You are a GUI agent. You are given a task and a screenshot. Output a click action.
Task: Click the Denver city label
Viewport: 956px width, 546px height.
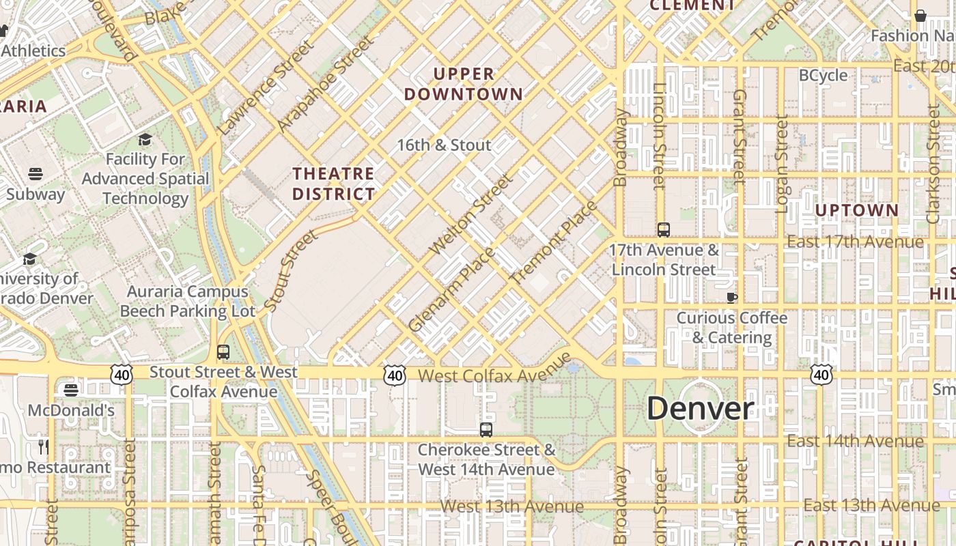tap(700, 409)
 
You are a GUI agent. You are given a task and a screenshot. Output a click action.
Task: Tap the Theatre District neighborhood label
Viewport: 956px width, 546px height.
tap(333, 184)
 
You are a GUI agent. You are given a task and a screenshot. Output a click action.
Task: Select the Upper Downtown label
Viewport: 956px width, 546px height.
tap(464, 84)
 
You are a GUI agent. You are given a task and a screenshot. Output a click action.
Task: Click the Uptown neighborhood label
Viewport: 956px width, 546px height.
tap(857, 210)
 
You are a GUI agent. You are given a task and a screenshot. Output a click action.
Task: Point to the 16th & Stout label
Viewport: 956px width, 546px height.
tap(444, 145)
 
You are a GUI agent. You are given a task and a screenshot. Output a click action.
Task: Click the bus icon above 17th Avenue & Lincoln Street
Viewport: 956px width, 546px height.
tap(664, 229)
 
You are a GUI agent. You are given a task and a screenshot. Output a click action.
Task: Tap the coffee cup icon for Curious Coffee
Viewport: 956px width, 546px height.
tap(731, 297)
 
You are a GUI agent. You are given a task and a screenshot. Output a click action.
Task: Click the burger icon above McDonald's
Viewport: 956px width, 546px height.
tap(71, 390)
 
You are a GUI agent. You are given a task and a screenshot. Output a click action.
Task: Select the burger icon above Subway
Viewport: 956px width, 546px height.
tap(36, 173)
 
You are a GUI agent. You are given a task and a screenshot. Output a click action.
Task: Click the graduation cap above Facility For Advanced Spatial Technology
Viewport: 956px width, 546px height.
tap(145, 139)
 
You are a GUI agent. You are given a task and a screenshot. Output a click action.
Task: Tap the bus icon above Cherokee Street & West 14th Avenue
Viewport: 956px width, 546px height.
tap(486, 429)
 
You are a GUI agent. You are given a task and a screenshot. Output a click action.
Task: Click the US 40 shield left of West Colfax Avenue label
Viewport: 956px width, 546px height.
tap(394, 375)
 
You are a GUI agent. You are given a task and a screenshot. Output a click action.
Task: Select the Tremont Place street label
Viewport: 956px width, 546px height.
tap(553, 242)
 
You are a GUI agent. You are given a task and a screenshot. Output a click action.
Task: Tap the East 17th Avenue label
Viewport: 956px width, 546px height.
tap(855, 242)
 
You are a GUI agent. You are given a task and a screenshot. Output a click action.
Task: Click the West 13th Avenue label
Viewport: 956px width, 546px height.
tap(512, 506)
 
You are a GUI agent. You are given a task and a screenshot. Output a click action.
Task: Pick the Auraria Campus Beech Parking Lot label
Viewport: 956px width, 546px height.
tap(188, 301)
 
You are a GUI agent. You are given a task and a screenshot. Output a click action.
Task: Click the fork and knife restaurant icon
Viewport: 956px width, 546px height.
tap(44, 447)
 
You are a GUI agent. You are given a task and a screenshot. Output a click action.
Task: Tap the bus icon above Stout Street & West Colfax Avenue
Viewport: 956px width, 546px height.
tap(223, 352)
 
